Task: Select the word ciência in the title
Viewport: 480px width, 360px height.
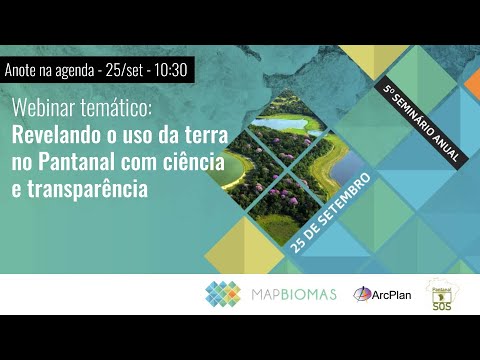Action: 197,161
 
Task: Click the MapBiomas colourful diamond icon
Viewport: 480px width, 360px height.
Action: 223,294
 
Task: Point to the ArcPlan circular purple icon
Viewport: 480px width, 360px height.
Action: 362,295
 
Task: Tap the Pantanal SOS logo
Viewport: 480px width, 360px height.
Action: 440,294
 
